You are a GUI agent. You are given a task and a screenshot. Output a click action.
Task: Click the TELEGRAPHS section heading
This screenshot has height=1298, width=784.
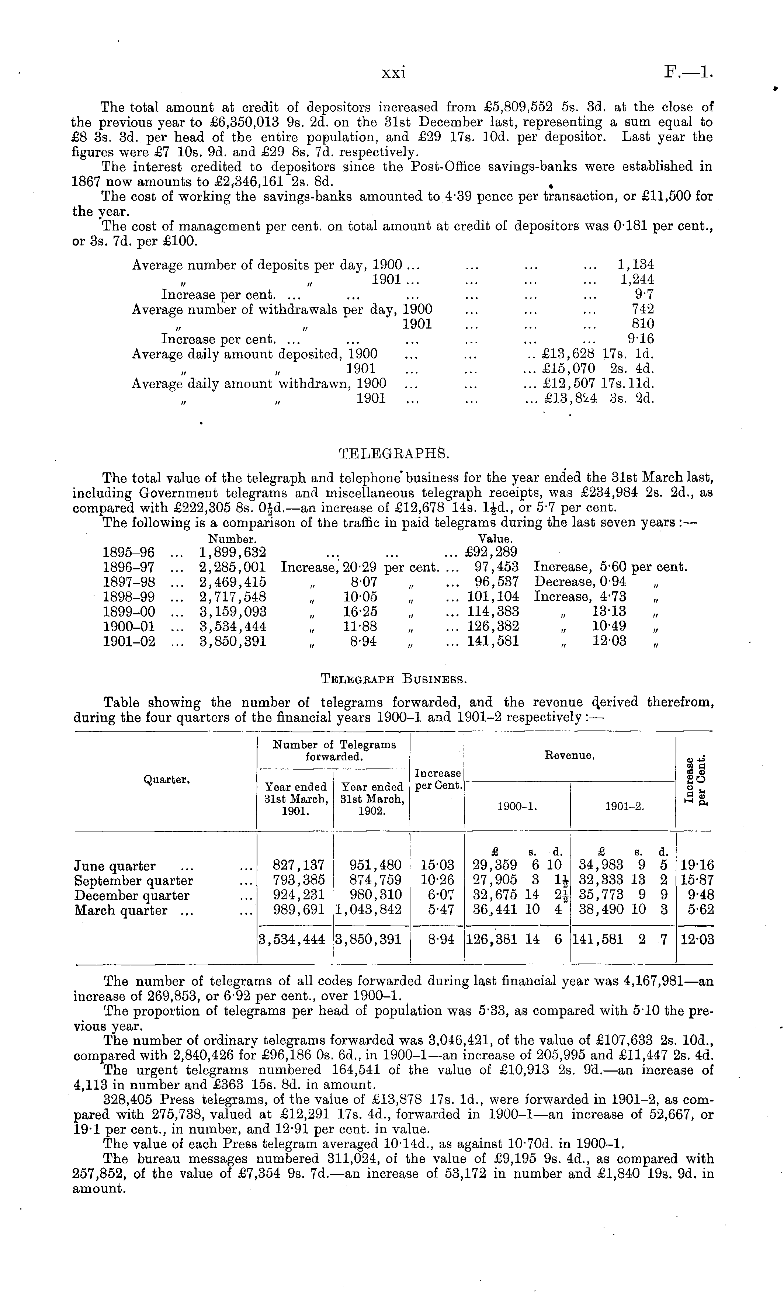(x=392, y=454)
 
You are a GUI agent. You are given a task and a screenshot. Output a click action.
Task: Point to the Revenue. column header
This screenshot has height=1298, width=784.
(x=569, y=756)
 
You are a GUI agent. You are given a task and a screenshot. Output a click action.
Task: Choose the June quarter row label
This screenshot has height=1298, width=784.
(x=115, y=866)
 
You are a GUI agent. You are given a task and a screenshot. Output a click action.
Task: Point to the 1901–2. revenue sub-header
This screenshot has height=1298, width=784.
(x=624, y=806)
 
